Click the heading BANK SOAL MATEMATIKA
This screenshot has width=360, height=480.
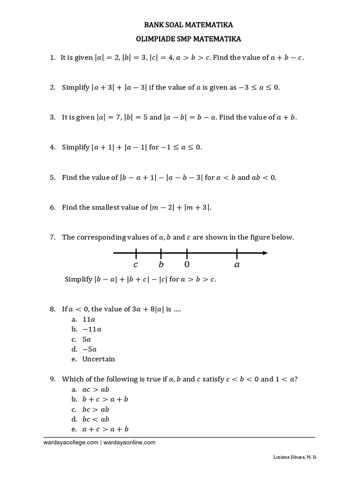coord(180,24)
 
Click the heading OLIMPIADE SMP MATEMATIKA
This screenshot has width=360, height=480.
coord(180,40)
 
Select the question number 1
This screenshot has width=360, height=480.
coord(52,58)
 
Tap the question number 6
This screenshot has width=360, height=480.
coord(52,207)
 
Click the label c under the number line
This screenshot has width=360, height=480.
coord(135,265)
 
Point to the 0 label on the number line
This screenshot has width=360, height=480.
coord(187,265)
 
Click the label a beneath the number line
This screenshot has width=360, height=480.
coord(237,265)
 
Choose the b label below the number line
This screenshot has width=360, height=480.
coord(161,265)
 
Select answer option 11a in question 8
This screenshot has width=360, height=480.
coord(89,319)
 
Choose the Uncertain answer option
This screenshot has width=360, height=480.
coord(98,359)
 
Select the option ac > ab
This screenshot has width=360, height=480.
coord(96,390)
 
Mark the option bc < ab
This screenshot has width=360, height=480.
coord(96,419)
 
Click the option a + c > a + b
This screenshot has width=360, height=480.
coord(105,429)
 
